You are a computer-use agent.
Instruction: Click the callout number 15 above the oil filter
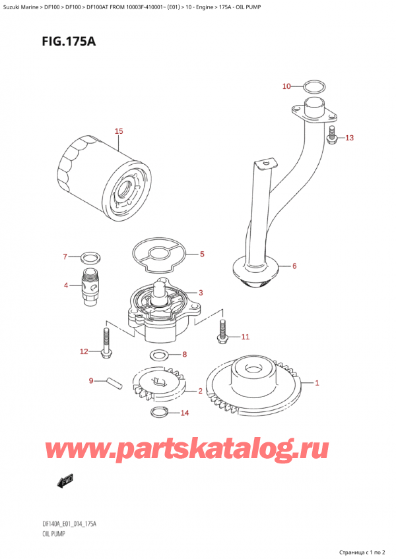point(119,131)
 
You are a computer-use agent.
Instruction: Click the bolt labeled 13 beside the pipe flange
point(333,136)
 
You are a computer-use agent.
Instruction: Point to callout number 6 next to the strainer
point(294,266)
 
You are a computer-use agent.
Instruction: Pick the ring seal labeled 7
point(91,256)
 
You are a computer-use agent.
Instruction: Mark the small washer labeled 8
point(158,356)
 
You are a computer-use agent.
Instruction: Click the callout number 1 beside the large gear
point(317,382)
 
